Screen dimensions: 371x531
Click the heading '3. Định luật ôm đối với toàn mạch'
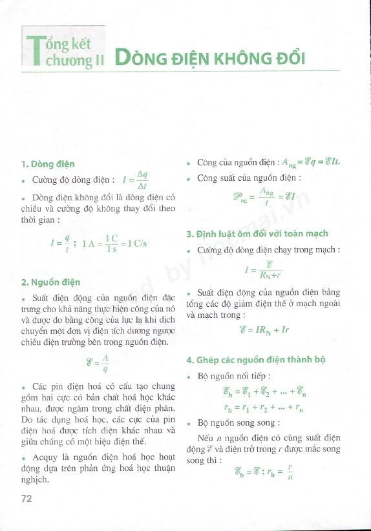click(x=257, y=233)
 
